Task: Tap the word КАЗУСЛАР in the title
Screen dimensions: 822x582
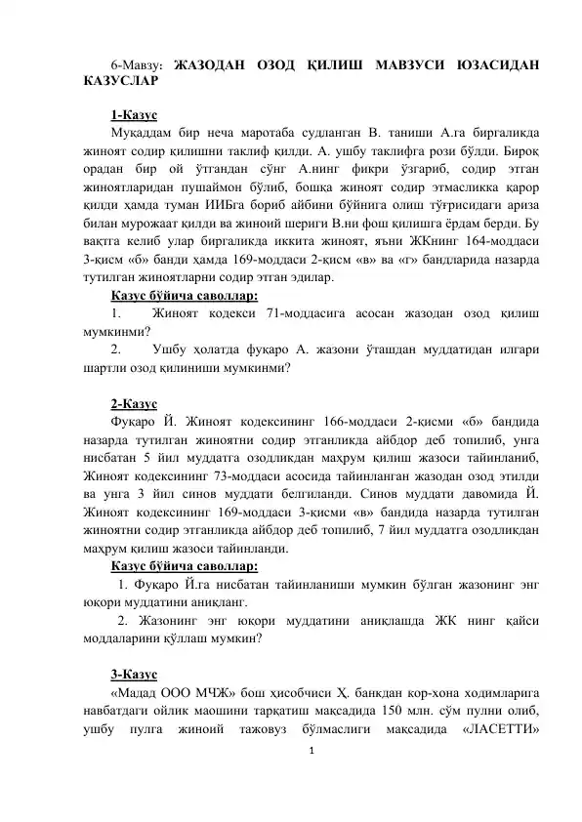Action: coord(116,84)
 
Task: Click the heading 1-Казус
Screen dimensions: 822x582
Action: coord(137,115)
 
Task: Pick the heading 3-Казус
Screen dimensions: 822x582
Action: coord(137,675)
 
